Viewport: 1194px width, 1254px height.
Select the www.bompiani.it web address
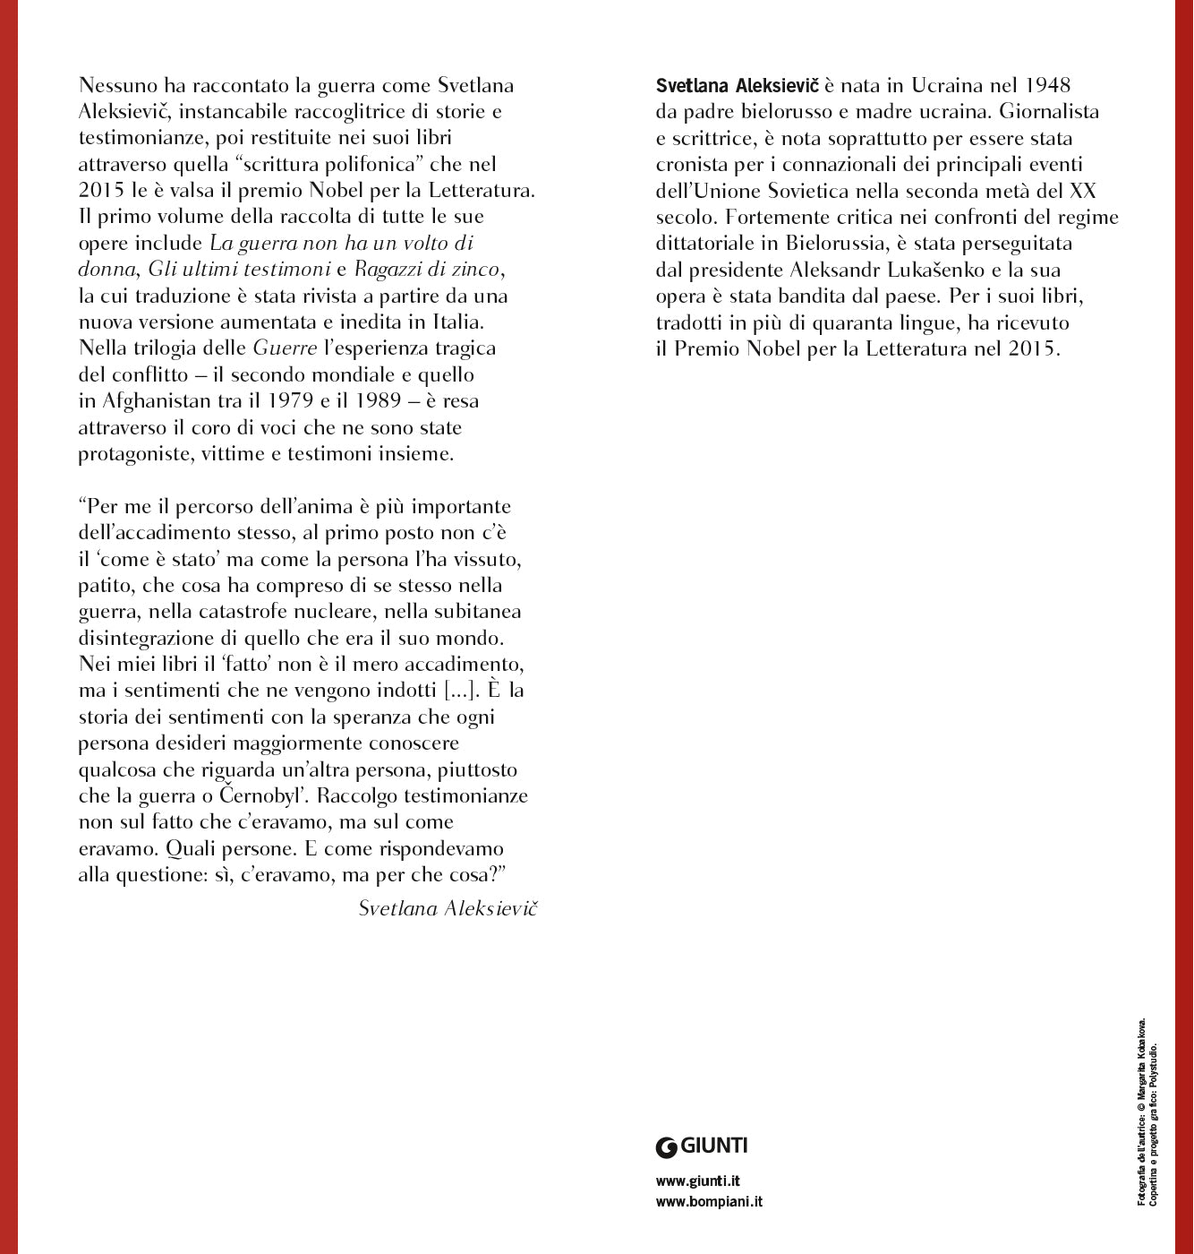point(709,1202)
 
